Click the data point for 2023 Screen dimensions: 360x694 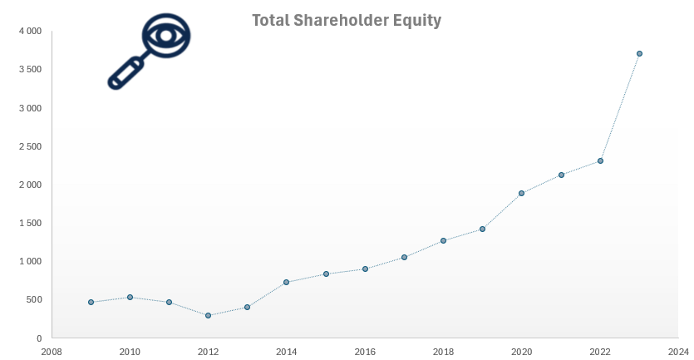point(639,53)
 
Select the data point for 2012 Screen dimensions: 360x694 point(208,315)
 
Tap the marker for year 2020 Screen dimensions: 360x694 point(522,193)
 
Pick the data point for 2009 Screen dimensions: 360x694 point(91,302)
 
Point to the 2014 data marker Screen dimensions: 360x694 point(286,282)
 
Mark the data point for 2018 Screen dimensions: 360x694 point(443,240)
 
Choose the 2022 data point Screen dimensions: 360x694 point(600,160)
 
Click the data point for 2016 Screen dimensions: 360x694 point(365,269)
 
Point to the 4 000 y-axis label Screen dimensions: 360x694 point(30,31)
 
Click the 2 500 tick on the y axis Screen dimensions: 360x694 point(30,146)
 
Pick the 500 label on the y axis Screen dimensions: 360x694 point(33,300)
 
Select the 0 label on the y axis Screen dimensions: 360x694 point(38,338)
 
